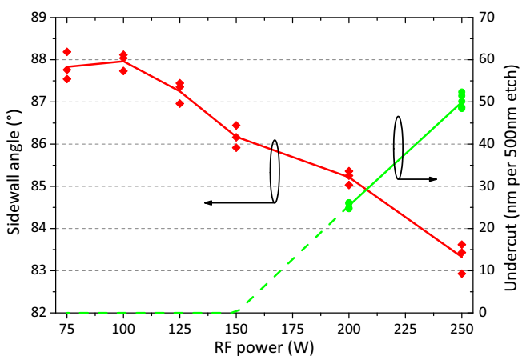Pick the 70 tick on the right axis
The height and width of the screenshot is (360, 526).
(488, 18)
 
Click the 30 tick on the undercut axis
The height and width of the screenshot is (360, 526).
(488, 186)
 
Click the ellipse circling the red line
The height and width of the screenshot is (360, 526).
(275, 171)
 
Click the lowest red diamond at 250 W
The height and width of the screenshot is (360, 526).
(462, 274)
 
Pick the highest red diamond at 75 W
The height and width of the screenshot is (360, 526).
(67, 52)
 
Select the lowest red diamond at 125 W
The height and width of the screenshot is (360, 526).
(180, 103)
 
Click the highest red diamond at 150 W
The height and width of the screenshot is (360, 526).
(236, 126)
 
